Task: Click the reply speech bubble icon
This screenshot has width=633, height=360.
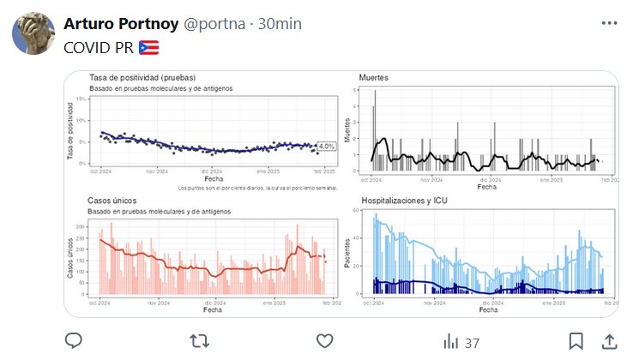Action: coord(74,341)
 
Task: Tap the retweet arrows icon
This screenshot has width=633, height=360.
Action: coord(199,341)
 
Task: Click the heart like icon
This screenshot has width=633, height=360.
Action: coord(324,341)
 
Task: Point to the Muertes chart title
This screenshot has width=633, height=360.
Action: coord(375,78)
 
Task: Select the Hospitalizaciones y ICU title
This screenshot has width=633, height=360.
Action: coord(404,201)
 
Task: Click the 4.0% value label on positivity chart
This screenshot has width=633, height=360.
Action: coord(326,147)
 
